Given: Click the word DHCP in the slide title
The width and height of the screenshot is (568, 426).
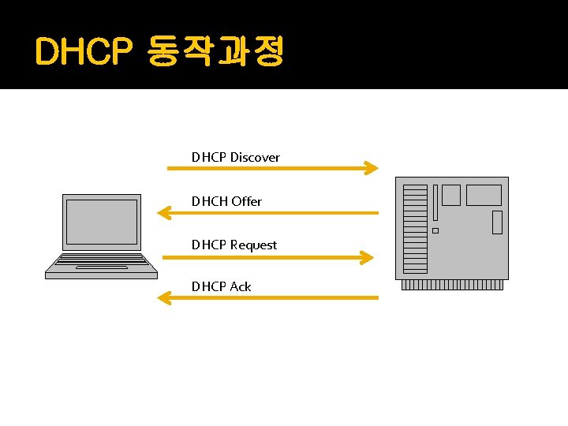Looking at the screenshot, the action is point(84,53).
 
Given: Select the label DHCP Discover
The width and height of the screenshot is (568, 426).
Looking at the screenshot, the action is point(235,157).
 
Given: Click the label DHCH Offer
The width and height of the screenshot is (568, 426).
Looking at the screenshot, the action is point(226,201).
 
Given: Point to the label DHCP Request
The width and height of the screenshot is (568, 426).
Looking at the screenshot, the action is point(234,245).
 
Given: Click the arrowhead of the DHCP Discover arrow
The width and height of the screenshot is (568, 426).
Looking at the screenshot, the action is point(371,167).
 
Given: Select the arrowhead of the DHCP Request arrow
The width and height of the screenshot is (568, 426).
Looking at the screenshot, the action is point(364,257).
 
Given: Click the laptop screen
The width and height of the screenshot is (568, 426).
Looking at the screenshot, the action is point(101,222).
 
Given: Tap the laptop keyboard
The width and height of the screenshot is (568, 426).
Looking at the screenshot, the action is point(102,261).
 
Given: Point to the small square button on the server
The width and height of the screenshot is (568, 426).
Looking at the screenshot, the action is point(435,230).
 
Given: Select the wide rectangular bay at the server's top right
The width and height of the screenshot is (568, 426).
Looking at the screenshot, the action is point(483,195).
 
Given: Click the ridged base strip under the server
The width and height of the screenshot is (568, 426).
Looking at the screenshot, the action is point(452,285).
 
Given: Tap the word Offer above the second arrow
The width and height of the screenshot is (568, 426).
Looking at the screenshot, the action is point(246,201).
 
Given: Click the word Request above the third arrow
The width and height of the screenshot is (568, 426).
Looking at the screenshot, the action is point(253,245).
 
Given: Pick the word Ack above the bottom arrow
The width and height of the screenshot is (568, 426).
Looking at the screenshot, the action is point(241,286).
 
